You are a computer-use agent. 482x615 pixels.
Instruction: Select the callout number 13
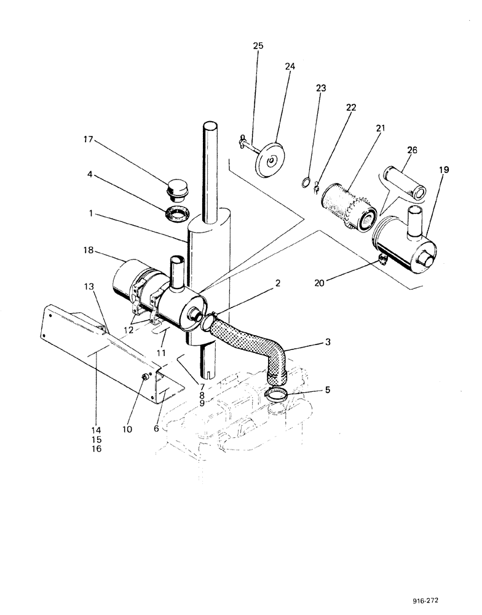(89, 287)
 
